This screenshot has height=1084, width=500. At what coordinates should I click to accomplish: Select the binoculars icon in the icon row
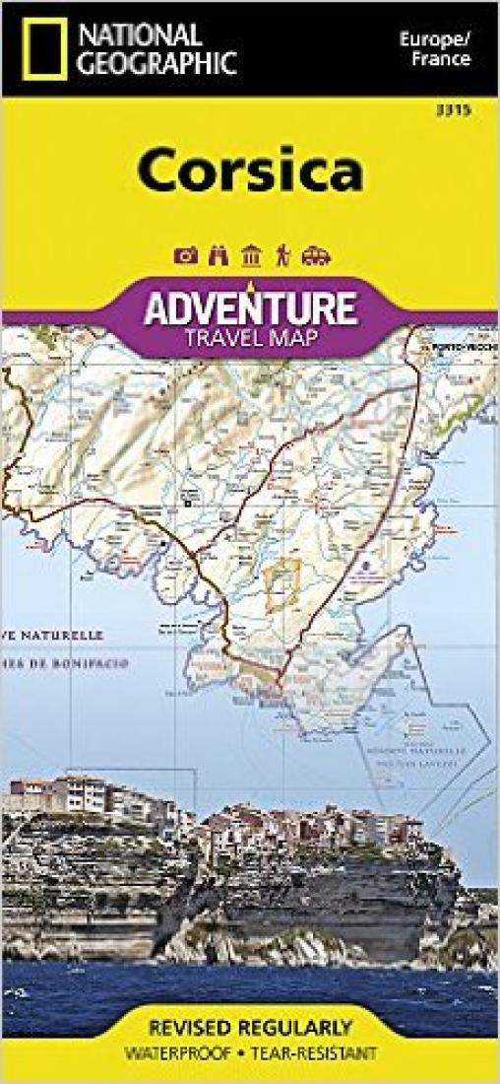219,255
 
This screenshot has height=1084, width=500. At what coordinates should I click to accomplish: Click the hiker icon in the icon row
282,255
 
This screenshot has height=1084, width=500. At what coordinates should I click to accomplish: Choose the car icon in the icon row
315,255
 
